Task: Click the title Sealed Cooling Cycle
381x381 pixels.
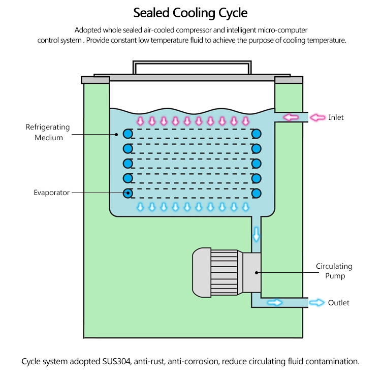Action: [x=190, y=12]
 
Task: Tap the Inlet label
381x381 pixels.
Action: [x=336, y=117]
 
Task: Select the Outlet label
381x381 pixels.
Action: [x=338, y=303]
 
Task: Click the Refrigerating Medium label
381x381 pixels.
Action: [x=48, y=132]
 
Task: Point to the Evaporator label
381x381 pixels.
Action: [x=51, y=193]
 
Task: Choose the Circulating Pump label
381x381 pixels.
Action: [x=334, y=271]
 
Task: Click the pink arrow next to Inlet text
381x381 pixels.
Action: [x=317, y=117]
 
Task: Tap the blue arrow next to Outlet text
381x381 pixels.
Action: [x=317, y=303]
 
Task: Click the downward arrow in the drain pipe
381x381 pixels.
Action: [x=256, y=234]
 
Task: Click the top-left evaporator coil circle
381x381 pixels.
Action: [x=128, y=134]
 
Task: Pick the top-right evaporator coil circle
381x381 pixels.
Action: [x=257, y=134]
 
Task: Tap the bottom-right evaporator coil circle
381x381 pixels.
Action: [x=257, y=193]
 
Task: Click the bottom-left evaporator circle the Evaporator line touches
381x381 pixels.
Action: [x=128, y=193]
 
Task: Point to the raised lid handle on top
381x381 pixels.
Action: [x=192, y=67]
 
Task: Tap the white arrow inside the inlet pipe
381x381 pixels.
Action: [x=291, y=117]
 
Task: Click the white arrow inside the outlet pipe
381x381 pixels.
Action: [x=275, y=303]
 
